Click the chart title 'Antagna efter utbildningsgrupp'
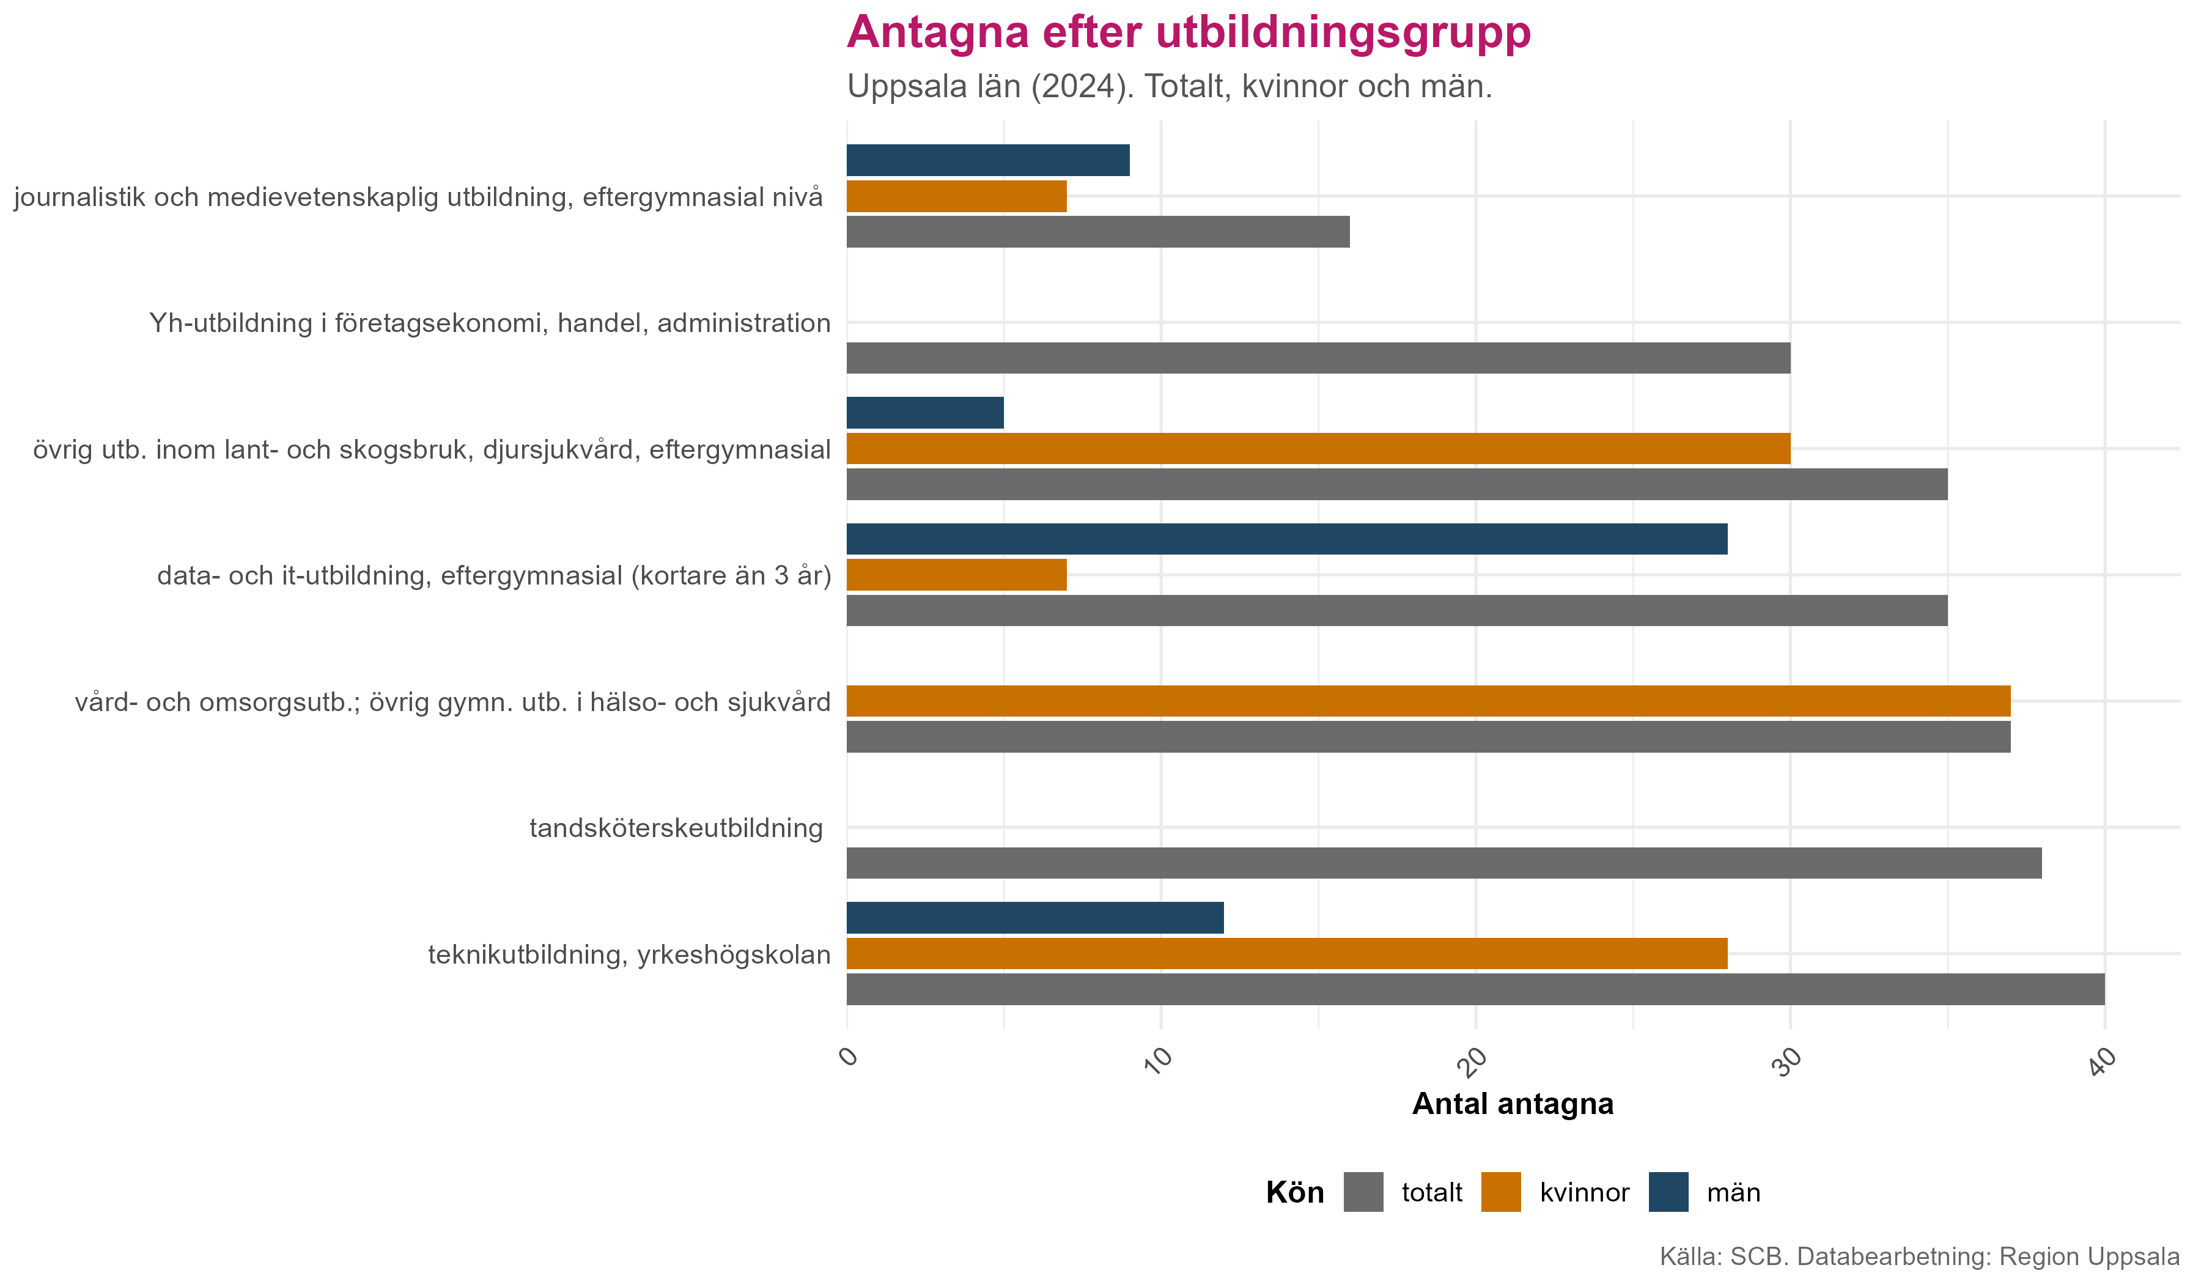coord(1188,33)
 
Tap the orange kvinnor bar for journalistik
coord(956,196)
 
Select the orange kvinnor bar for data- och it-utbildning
coord(956,575)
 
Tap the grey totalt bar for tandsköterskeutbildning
coord(1443,863)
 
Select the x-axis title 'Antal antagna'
coord(1512,1104)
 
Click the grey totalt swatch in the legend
coord(1363,1192)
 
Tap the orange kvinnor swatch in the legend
coord(1500,1192)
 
